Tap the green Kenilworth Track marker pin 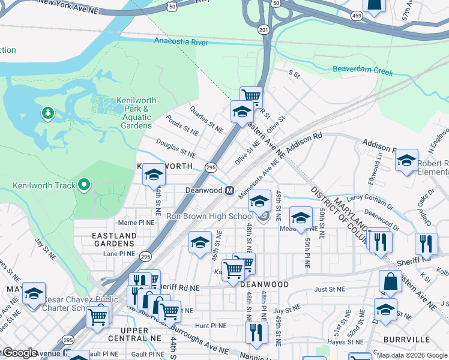point(85,185)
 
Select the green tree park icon point(47,112)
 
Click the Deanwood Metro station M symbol point(229,190)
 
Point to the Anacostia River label point(181,42)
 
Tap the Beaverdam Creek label point(363,72)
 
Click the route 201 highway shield point(264,29)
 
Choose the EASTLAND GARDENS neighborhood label point(114,240)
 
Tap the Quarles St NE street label point(206,119)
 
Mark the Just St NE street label point(328,289)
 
